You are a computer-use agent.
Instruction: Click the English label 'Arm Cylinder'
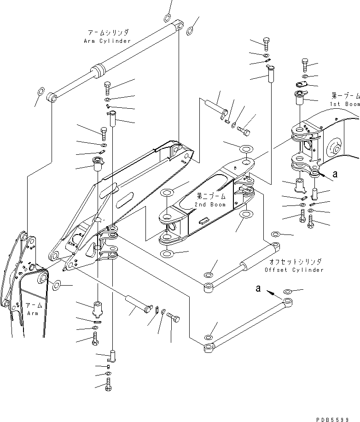[x=107, y=41]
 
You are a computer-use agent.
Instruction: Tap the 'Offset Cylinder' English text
[x=294, y=270]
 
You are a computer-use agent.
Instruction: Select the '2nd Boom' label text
[x=210, y=205]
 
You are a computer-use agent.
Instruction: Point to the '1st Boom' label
[x=345, y=104]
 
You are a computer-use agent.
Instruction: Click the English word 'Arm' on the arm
[x=33, y=313]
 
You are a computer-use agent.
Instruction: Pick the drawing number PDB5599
[x=332, y=420]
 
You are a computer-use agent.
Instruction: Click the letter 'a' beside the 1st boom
[x=335, y=174]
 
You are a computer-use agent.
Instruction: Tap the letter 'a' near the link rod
[x=258, y=288]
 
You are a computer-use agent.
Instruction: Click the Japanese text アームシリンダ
[x=108, y=33]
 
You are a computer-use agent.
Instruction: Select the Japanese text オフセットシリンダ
[x=295, y=262]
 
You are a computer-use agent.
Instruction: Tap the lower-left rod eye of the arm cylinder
[x=52, y=97]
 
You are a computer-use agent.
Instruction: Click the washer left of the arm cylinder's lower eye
[x=40, y=91]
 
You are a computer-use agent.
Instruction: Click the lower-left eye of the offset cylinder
[x=208, y=287]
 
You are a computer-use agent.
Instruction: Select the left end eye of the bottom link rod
[x=208, y=348]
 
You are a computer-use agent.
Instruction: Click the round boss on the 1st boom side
[x=335, y=147]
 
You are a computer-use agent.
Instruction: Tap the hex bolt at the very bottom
[x=108, y=384]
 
